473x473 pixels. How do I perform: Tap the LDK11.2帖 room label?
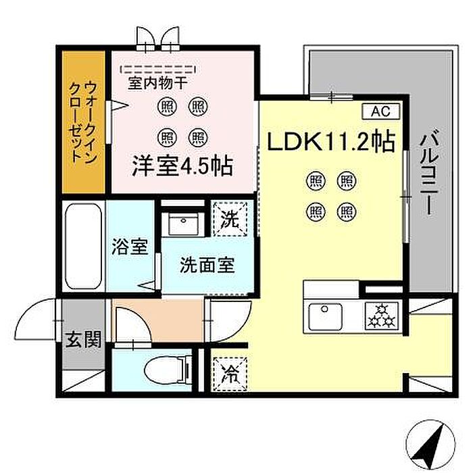click(x=332, y=143)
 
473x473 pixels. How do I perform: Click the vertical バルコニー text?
click(x=426, y=173)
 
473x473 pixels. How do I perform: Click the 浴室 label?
click(x=130, y=247)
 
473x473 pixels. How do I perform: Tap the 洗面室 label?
click(x=207, y=266)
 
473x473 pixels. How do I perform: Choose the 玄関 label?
click(x=83, y=339)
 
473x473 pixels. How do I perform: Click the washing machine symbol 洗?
click(x=230, y=218)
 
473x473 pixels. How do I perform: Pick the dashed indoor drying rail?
click(x=158, y=68)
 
